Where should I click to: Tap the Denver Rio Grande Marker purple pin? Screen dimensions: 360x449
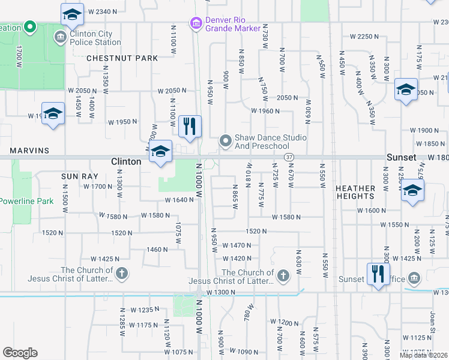(195, 23)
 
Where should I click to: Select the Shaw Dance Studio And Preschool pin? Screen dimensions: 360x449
(226, 141)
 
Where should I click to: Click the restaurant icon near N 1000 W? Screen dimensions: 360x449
(190, 127)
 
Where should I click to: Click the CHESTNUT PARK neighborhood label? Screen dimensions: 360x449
(122, 58)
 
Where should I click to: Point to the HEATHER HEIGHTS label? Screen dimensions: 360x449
(355, 192)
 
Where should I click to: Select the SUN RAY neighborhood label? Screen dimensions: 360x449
(76, 176)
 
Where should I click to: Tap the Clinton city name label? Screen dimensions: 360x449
(126, 161)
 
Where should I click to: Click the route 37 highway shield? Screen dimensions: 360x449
(289, 157)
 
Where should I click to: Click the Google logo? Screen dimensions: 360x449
(20, 353)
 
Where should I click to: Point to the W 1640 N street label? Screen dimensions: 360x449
(179, 200)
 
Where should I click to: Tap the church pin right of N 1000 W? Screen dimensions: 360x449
(283, 276)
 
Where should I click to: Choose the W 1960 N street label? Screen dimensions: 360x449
(266, 111)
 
